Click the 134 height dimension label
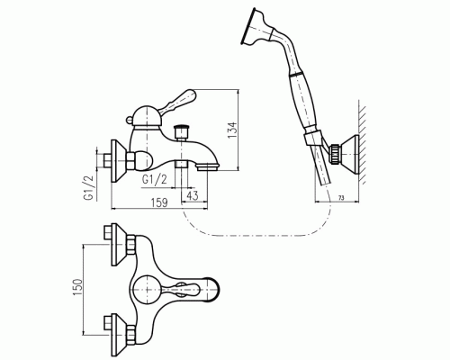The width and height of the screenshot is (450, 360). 232,130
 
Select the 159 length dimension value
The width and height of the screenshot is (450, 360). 159,202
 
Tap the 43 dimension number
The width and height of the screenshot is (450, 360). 193,195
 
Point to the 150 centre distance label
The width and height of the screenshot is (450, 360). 77,287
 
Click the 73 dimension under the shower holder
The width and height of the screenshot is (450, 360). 341,198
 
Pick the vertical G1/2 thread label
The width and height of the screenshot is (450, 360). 89,188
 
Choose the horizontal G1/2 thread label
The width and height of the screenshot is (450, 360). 154,179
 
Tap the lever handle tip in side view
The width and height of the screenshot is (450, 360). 190,94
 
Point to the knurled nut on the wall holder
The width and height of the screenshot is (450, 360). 335,154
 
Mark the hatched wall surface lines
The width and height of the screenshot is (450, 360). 363,142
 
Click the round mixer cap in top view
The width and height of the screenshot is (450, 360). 147,290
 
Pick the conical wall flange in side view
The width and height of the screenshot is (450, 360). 119,161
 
